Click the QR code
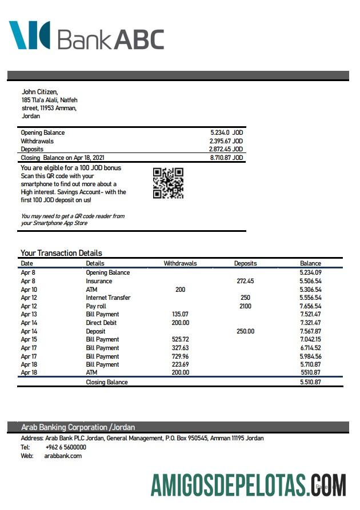click(x=168, y=183)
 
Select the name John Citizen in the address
click(x=39, y=91)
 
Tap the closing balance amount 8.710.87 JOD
click(x=226, y=158)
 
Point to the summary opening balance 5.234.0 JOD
click(x=226, y=132)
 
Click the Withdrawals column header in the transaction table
click(x=180, y=263)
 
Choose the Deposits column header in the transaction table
click(x=245, y=263)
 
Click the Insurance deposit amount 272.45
click(x=245, y=281)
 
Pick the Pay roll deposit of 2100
click(x=245, y=306)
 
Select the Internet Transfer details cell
click(x=108, y=298)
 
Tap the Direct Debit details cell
click(x=102, y=323)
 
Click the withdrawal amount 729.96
click(x=180, y=356)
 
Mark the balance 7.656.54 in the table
click(x=310, y=306)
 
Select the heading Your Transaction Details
click(x=61, y=253)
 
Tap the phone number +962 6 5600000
click(x=66, y=447)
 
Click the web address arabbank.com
click(x=63, y=456)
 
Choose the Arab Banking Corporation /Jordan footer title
click(x=78, y=427)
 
